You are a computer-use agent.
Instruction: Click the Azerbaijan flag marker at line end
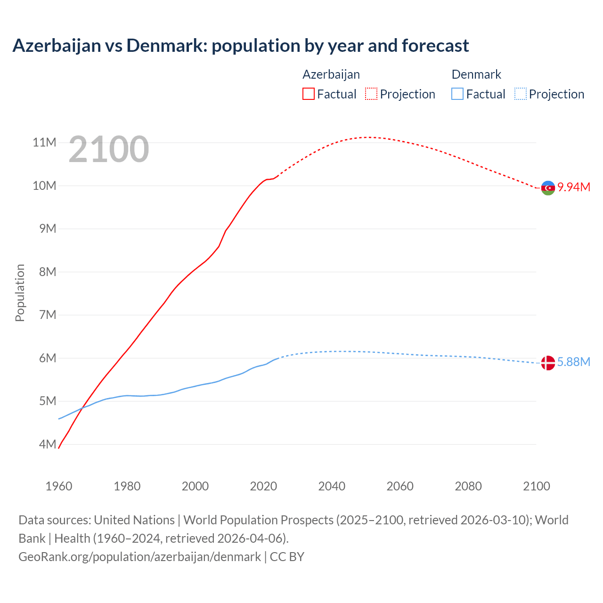[548, 188]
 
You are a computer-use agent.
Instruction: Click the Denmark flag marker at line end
[548, 363]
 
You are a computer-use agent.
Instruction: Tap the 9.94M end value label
[574, 187]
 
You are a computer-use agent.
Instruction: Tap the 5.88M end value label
[574, 362]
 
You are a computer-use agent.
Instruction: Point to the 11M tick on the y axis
[44, 142]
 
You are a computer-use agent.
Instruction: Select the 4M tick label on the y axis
[48, 444]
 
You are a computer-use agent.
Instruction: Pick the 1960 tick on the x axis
[59, 486]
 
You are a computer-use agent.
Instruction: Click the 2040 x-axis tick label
[332, 486]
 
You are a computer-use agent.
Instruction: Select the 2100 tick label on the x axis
[536, 486]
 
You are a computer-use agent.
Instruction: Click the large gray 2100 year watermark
[109, 149]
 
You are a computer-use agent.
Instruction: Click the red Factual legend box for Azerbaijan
[309, 94]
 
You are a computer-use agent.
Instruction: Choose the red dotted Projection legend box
[371, 94]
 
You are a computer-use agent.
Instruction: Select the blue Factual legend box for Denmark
[457, 94]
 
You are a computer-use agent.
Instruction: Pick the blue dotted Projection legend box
[521, 94]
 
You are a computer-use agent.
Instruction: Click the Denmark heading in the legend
[476, 74]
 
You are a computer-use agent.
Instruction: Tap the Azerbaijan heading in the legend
[331, 74]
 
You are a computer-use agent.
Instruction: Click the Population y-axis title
[20, 293]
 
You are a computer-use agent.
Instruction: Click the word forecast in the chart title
[435, 46]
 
